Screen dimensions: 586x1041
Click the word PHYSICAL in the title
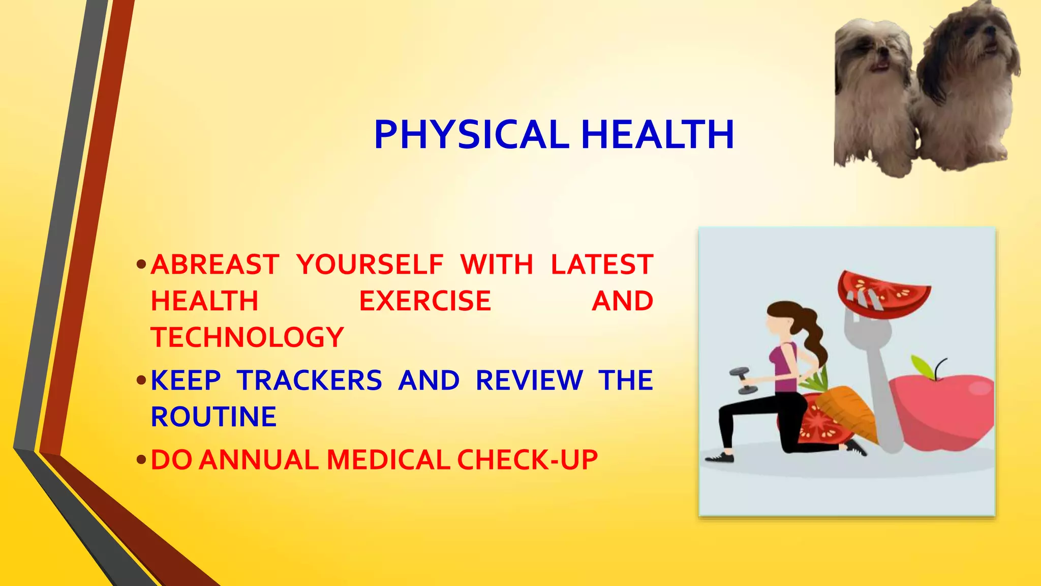pyautogui.click(x=471, y=135)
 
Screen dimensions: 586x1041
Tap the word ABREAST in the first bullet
pyautogui.click(x=215, y=265)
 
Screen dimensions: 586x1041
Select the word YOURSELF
pyautogui.click(x=370, y=265)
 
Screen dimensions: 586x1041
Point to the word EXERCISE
pyautogui.click(x=425, y=301)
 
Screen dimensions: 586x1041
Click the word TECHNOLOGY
pyautogui.click(x=248, y=337)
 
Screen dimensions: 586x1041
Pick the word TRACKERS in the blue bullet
pyautogui.click(x=310, y=380)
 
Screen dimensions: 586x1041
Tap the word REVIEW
pyautogui.click(x=529, y=380)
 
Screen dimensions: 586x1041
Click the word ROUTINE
pyautogui.click(x=213, y=417)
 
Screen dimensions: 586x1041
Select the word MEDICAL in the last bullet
pyautogui.click(x=388, y=460)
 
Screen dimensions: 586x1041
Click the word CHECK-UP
pyautogui.click(x=527, y=460)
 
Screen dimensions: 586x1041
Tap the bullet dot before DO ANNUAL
pyautogui.click(x=141, y=460)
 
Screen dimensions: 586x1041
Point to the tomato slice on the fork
pyautogui.click(x=884, y=295)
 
